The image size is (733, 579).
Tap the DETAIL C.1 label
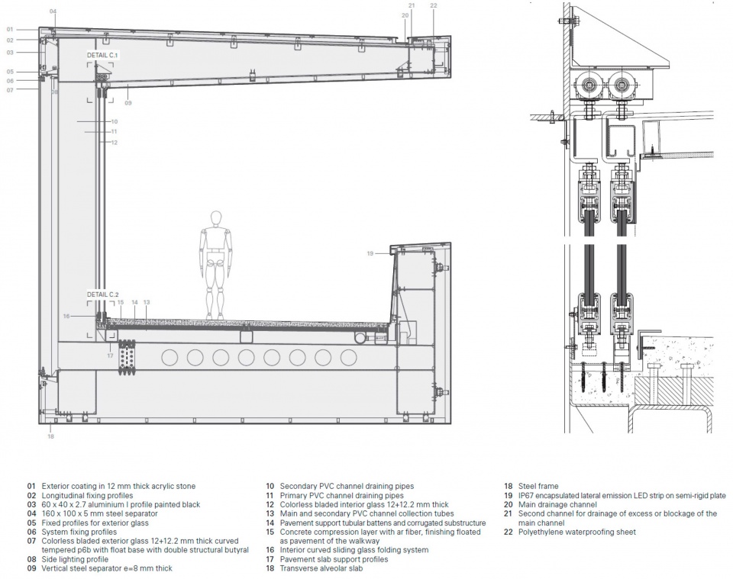pyautogui.click(x=103, y=55)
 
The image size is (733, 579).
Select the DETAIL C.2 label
pyautogui.click(x=103, y=294)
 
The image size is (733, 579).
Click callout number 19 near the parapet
pyautogui.click(x=370, y=253)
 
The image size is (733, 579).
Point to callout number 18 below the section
pyautogui.click(x=50, y=436)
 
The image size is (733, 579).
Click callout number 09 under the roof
pyautogui.click(x=128, y=103)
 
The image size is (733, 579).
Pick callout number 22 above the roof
pyautogui.click(x=434, y=5)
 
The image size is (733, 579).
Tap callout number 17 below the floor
pyautogui.click(x=110, y=355)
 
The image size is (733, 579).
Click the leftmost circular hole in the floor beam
pyautogui.click(x=170, y=358)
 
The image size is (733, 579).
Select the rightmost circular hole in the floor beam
pyautogui.click(x=348, y=358)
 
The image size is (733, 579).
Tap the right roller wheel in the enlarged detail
pyautogui.click(x=621, y=86)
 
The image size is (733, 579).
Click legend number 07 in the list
pyautogui.click(x=31, y=541)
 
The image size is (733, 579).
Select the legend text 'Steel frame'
pyautogui.click(x=538, y=486)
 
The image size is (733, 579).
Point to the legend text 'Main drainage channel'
pyautogui.click(x=557, y=504)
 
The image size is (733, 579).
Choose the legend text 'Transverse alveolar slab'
pyautogui.click(x=321, y=568)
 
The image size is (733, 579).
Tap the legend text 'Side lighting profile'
pyautogui.click(x=75, y=559)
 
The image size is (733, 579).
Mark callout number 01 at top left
pyautogui.click(x=10, y=30)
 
